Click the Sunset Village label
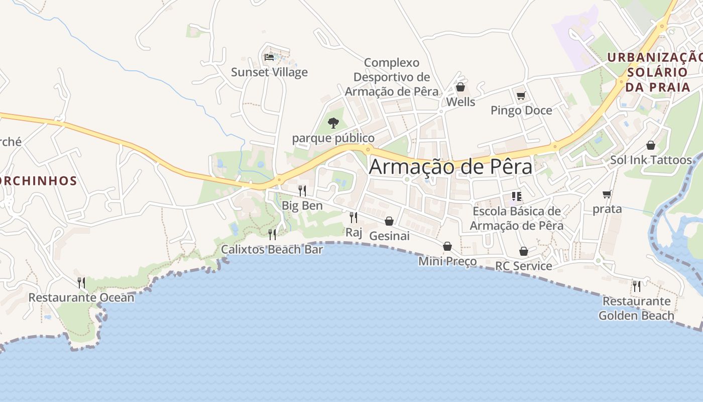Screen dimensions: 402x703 click(269, 72)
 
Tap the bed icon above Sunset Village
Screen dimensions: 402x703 click(269, 57)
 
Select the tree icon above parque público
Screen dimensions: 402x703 click(333, 123)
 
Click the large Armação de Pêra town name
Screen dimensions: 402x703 click(450, 167)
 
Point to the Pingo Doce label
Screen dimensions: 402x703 click(521, 111)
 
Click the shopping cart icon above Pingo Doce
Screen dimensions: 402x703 click(521, 95)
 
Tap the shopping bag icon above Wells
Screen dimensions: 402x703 click(460, 87)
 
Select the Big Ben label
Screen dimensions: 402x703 click(302, 206)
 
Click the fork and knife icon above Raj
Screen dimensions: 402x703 click(354, 217)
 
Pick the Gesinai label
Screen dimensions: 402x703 click(389, 236)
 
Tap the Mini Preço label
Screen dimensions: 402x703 click(447, 261)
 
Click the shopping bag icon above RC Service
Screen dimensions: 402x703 click(524, 251)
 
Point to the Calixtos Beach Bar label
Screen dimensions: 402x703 click(272, 249)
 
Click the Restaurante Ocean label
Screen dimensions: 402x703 click(81, 297)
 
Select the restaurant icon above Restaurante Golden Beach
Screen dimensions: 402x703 click(637, 286)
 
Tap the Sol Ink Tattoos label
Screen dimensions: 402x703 click(651, 160)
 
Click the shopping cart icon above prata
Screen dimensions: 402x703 click(607, 194)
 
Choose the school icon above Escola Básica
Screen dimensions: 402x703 click(517, 196)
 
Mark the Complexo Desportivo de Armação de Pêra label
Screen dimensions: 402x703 click(392, 77)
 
